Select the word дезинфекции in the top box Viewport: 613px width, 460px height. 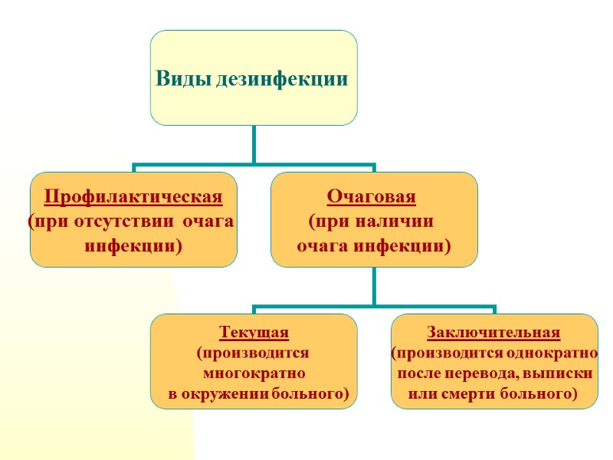[281, 79]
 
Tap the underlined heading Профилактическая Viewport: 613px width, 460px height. [133, 197]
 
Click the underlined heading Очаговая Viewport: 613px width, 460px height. [372, 197]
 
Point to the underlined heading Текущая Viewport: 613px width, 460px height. [254, 333]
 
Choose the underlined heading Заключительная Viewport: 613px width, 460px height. [493, 333]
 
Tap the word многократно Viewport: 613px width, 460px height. [254, 374]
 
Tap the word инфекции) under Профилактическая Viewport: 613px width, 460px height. [133, 246]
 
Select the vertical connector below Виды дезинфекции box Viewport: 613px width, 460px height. [254, 144]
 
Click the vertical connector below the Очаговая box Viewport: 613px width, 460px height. [374, 287]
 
